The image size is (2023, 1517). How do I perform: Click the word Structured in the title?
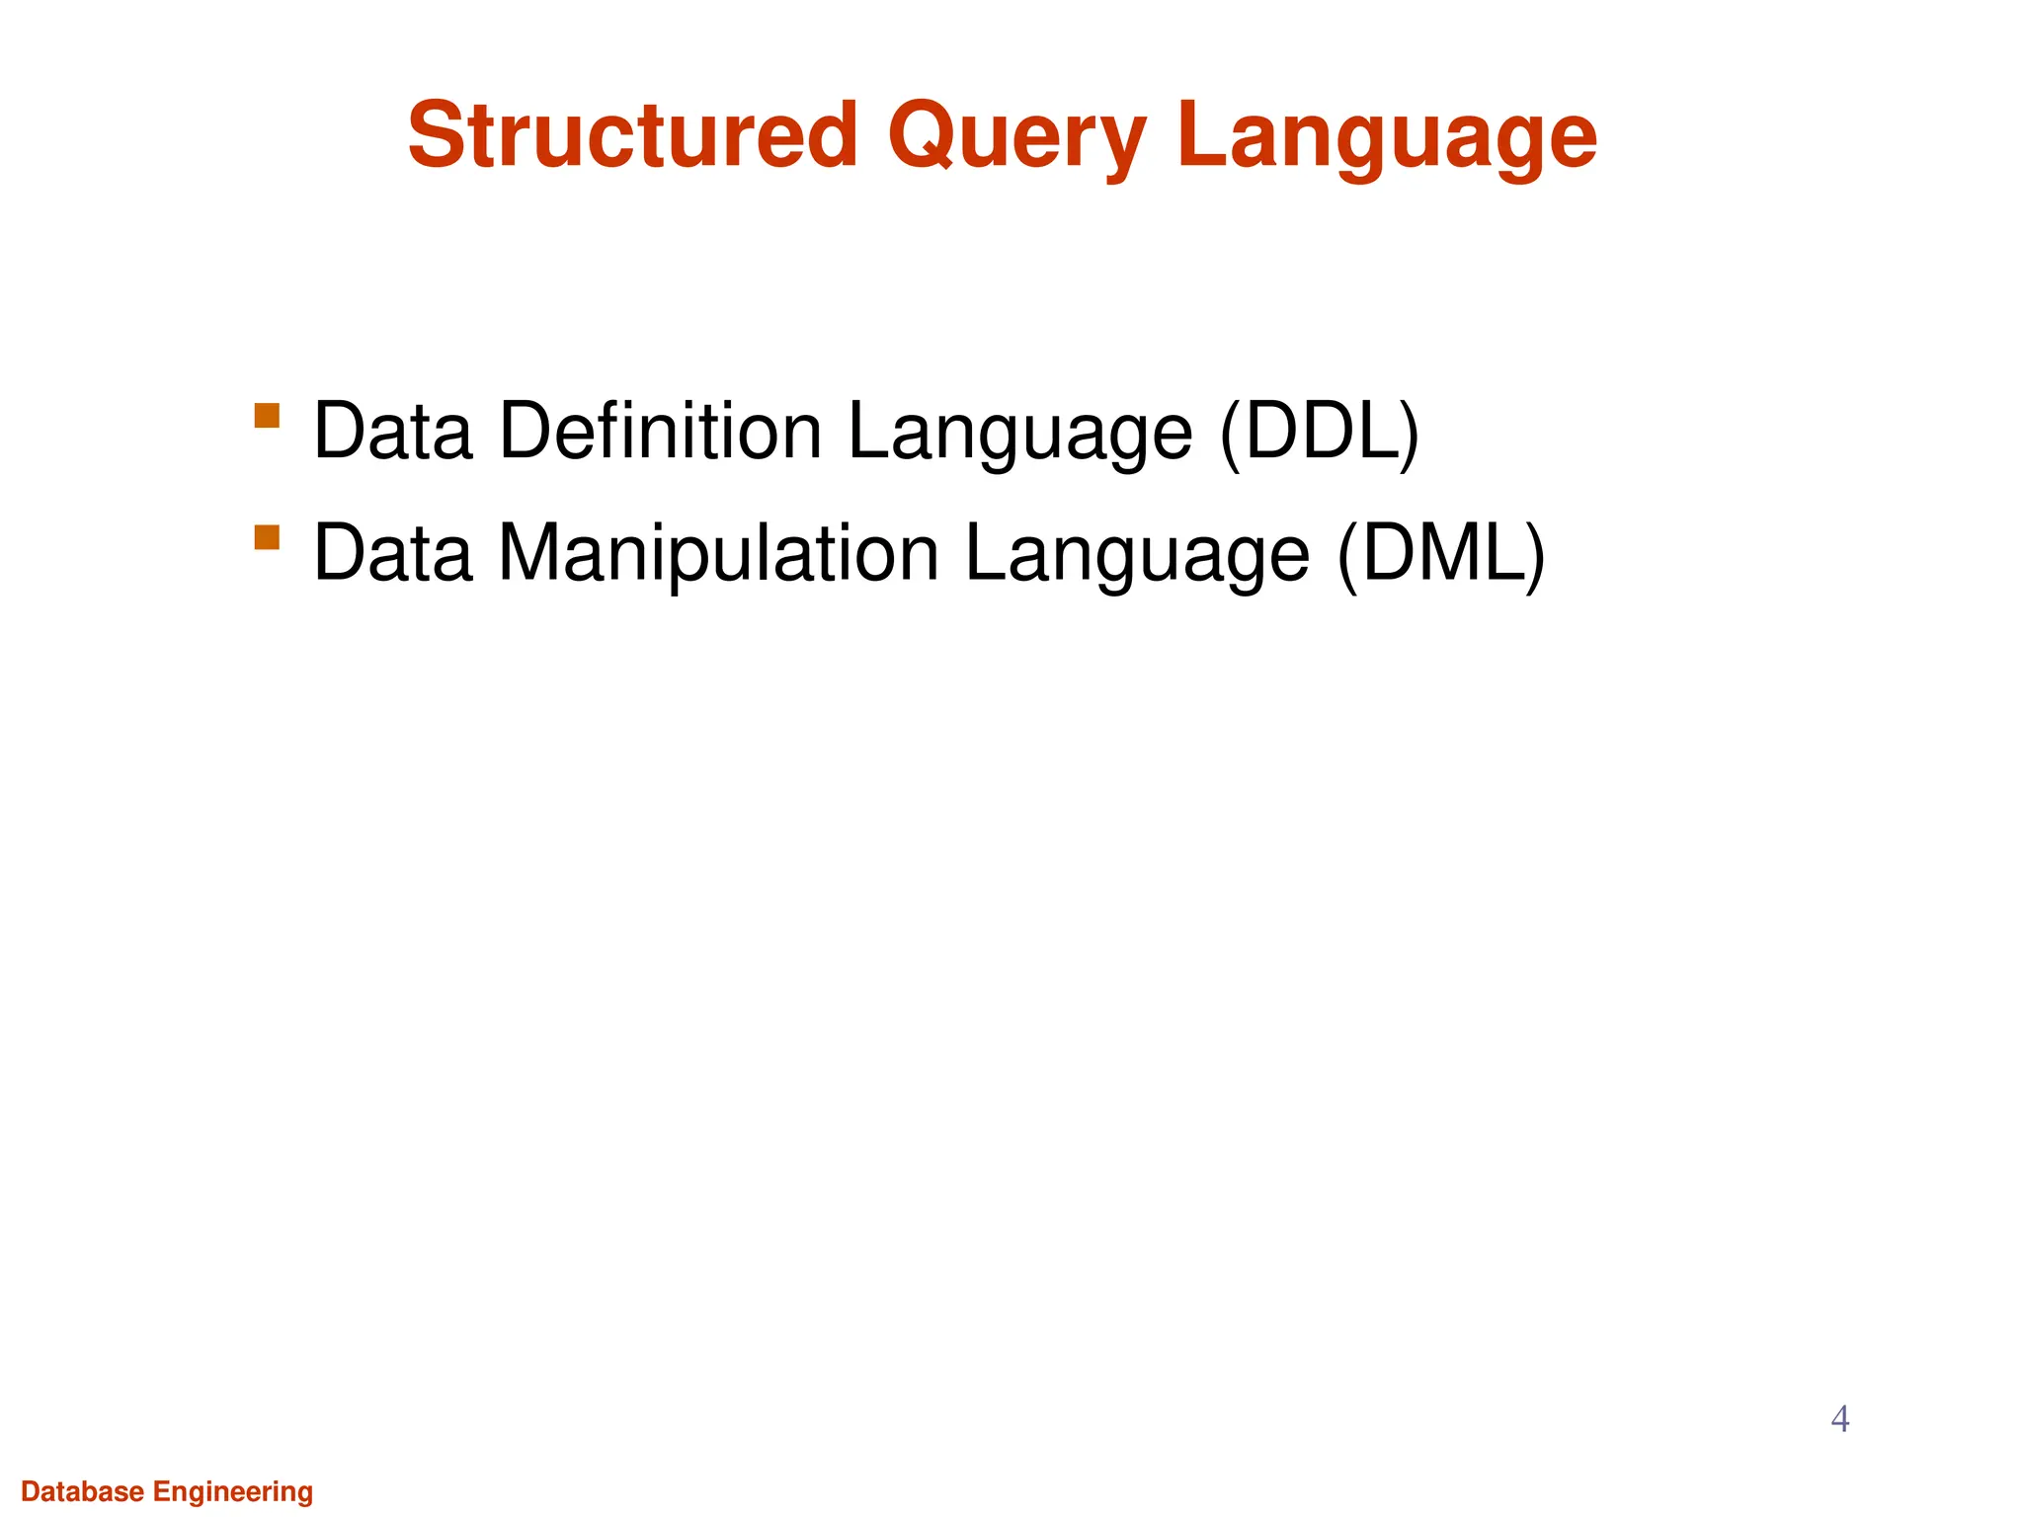(x=632, y=135)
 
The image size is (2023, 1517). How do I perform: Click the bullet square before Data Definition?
(x=267, y=415)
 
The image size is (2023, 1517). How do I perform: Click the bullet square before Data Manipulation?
(x=267, y=537)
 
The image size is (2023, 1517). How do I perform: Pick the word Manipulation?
(x=718, y=553)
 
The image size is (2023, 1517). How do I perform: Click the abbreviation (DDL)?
(x=1320, y=433)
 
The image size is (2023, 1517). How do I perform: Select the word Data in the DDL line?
(x=392, y=431)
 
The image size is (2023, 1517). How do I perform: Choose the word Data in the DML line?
(x=392, y=553)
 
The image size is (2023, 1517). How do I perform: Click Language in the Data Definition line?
(x=1019, y=433)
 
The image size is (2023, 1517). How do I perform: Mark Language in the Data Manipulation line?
(x=1136, y=554)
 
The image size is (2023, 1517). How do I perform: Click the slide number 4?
(x=1839, y=1419)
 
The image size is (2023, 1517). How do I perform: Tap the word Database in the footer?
(x=83, y=1491)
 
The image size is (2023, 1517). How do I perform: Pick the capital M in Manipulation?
(x=529, y=553)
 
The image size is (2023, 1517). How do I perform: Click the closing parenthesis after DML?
(x=1534, y=554)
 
